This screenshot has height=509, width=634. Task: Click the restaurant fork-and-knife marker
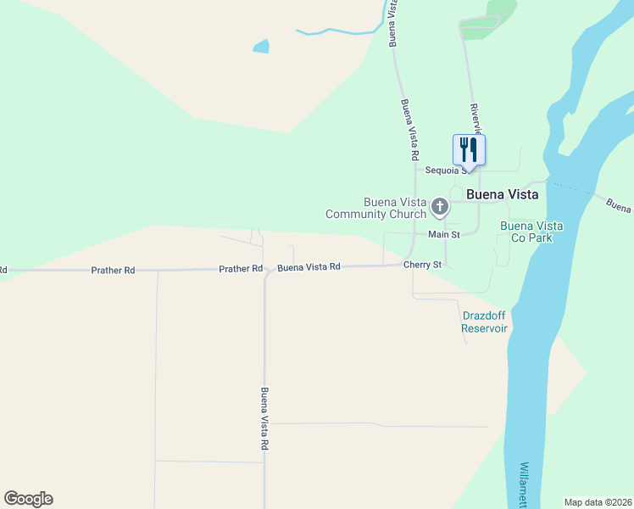[469, 151]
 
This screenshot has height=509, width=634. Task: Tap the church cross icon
[440, 206]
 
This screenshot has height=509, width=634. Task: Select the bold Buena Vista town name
[502, 193]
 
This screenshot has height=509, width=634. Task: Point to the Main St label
[443, 234]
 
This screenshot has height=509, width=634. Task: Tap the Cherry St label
[422, 265]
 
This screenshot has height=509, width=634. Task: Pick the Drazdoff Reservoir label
[484, 322]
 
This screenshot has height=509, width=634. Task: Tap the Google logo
[28, 499]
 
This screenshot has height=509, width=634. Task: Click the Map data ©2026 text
[598, 501]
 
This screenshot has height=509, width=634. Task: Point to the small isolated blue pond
[261, 47]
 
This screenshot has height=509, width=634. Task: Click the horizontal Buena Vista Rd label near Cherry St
[309, 266]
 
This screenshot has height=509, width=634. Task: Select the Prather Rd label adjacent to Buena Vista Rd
[241, 269]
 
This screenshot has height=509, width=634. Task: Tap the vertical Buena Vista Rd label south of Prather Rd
[264, 418]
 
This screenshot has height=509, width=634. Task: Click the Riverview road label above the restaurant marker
[475, 119]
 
